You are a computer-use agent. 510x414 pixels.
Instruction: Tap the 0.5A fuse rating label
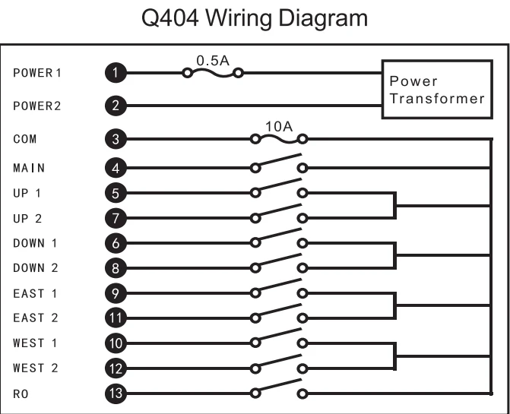pos(213,61)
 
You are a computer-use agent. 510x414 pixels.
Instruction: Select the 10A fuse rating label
pos(279,127)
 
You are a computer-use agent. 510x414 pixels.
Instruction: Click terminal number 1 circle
pos(116,73)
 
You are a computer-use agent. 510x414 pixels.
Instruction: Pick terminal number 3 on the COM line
pos(116,139)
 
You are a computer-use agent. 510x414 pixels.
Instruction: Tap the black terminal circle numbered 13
pos(116,393)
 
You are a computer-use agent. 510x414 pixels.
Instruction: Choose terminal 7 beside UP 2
pos(116,218)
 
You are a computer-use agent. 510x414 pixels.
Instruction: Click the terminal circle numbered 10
pos(116,343)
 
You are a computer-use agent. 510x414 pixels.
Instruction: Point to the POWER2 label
pos(37,106)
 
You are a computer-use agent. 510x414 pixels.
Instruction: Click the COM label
pos(25,139)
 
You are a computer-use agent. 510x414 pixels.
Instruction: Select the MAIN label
pos(29,168)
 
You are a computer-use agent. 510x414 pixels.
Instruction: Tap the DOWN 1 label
pos(35,243)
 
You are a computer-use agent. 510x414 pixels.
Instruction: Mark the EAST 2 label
pos(36,318)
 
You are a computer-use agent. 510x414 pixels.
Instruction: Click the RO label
pos(21,393)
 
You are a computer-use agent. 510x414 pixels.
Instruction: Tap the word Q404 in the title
pos(170,18)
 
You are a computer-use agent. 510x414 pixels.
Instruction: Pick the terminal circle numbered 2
pos(116,106)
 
